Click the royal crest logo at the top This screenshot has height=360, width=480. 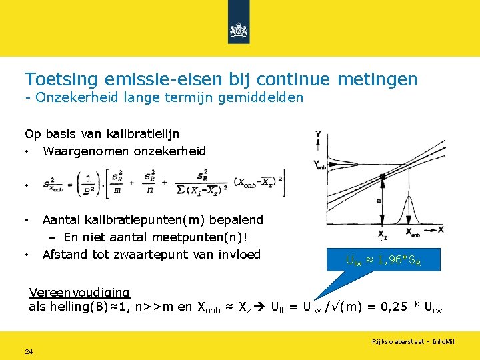coord(239,31)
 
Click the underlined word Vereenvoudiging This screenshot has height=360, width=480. coord(80,292)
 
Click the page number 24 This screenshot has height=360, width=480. coord(29,351)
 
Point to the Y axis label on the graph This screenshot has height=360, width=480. coord(318,133)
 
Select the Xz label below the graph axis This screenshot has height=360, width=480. coord(383,234)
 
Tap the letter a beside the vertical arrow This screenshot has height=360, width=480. coord(378,199)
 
